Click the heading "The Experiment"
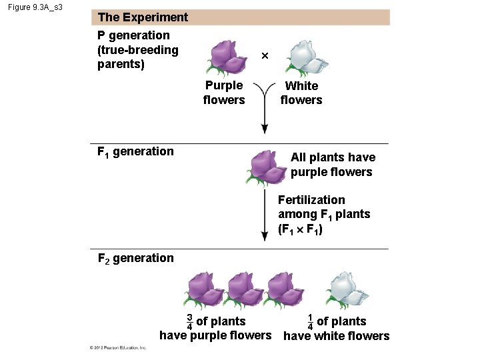click(143, 17)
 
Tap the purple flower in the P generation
click(229, 56)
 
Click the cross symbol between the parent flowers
click(265, 57)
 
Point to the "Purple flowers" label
click(224, 93)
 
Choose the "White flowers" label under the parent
click(301, 93)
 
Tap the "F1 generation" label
click(135, 151)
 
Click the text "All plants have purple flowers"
click(332, 165)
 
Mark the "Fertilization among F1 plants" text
click(324, 214)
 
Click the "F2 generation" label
click(135, 258)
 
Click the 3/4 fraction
click(190, 321)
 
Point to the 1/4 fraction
click(310, 321)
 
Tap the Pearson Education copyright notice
click(119, 348)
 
